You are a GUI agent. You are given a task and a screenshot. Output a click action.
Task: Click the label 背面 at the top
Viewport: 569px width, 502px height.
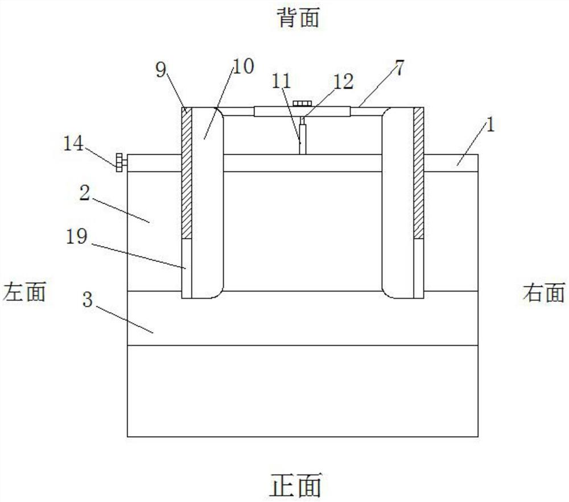[x=299, y=18]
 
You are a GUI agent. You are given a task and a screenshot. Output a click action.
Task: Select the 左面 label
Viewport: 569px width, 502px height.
[x=24, y=292]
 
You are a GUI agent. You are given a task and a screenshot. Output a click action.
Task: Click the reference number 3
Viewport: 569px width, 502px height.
[x=88, y=300]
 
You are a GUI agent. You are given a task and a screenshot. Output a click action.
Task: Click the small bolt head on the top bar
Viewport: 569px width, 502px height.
[x=301, y=103]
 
